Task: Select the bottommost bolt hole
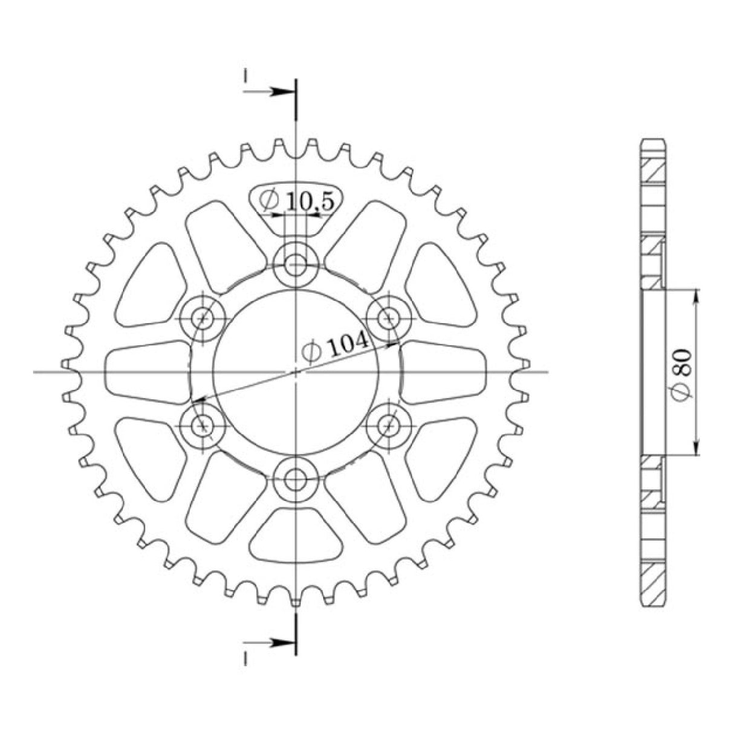tap(296, 481)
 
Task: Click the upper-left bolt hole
tap(203, 317)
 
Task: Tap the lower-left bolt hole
tap(203, 426)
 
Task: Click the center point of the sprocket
tap(296, 372)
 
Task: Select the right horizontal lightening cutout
tap(444, 372)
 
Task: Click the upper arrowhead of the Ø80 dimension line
tap(697, 294)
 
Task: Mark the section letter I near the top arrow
tap(246, 75)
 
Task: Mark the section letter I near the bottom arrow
tap(246, 660)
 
